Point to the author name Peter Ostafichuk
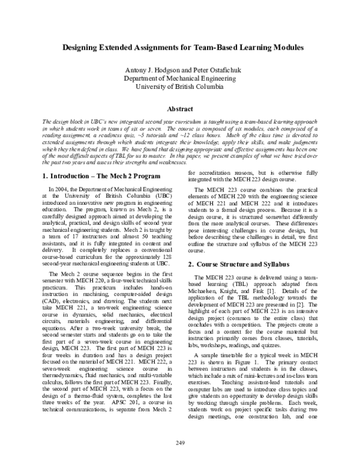214,70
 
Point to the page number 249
181,443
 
